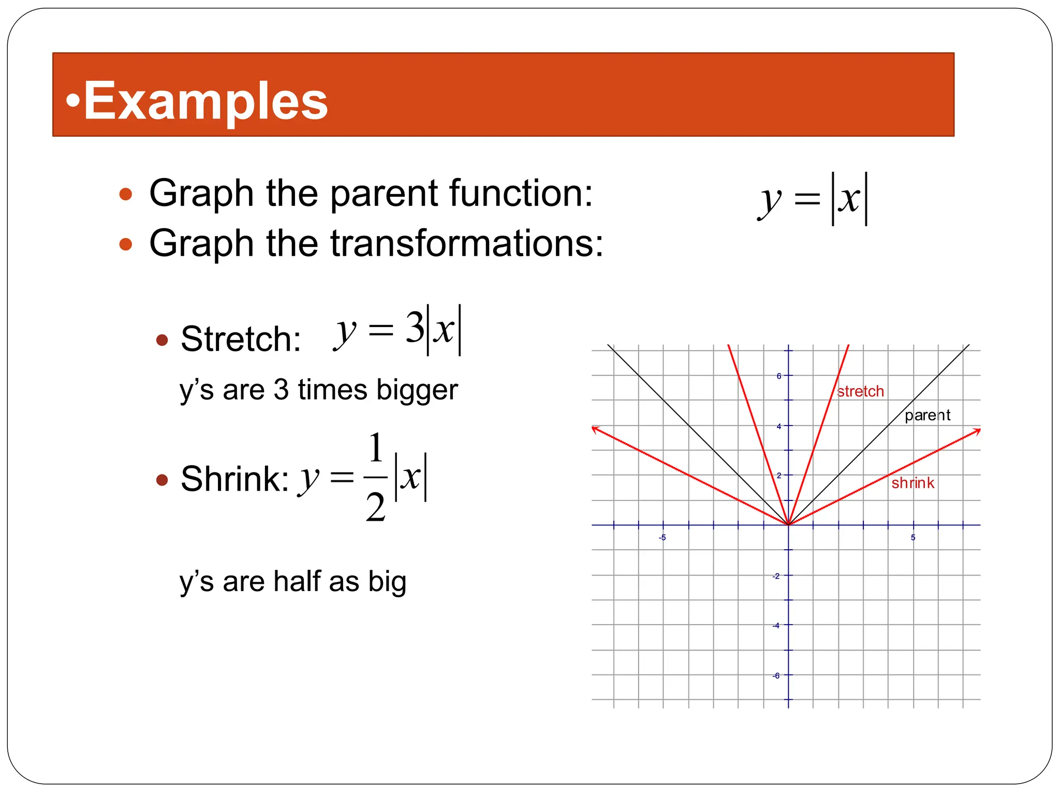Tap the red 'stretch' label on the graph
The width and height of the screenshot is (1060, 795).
(x=860, y=391)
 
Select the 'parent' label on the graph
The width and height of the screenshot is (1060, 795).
(x=927, y=415)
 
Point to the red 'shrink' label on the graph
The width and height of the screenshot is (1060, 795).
(x=912, y=483)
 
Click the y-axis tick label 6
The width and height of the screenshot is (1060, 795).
(x=778, y=376)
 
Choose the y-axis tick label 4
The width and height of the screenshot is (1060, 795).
(x=778, y=426)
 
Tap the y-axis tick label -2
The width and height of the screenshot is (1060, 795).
(x=776, y=576)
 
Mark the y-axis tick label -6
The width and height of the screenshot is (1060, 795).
(x=776, y=676)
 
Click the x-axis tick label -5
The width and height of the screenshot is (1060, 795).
(x=662, y=538)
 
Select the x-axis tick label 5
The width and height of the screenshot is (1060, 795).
(x=913, y=538)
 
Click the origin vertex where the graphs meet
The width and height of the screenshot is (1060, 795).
(x=788, y=525)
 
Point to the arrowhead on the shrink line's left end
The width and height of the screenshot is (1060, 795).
(x=595, y=429)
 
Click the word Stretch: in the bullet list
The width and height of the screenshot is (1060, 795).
(x=241, y=339)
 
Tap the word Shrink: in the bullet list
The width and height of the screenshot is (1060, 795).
(x=234, y=479)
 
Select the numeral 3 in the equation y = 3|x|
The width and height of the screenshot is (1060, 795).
(x=414, y=328)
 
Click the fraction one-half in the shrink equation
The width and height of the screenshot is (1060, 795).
(x=376, y=477)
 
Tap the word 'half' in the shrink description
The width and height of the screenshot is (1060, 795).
(x=298, y=581)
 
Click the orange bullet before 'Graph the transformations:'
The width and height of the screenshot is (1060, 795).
(x=126, y=244)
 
